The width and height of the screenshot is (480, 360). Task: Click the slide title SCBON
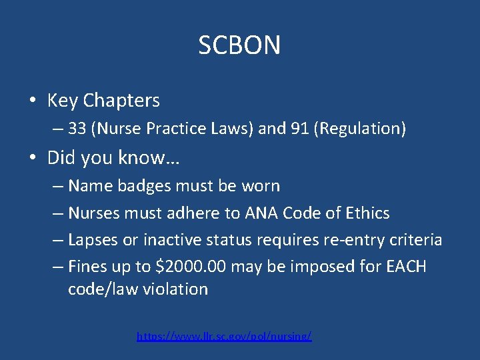pos(239,45)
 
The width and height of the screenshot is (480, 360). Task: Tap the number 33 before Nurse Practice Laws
pos(77,129)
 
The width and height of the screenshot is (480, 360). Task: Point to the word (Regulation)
pos(363,129)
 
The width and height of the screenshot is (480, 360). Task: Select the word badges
pos(141,186)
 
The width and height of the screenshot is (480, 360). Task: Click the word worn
pos(262,186)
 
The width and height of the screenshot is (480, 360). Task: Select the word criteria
pos(415,240)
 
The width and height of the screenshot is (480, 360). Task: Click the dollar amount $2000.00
pos(191,267)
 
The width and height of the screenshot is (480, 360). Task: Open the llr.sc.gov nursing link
pos(224,337)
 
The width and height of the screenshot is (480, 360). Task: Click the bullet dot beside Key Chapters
pos(32,101)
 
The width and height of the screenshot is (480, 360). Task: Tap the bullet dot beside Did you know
pos(32,159)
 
